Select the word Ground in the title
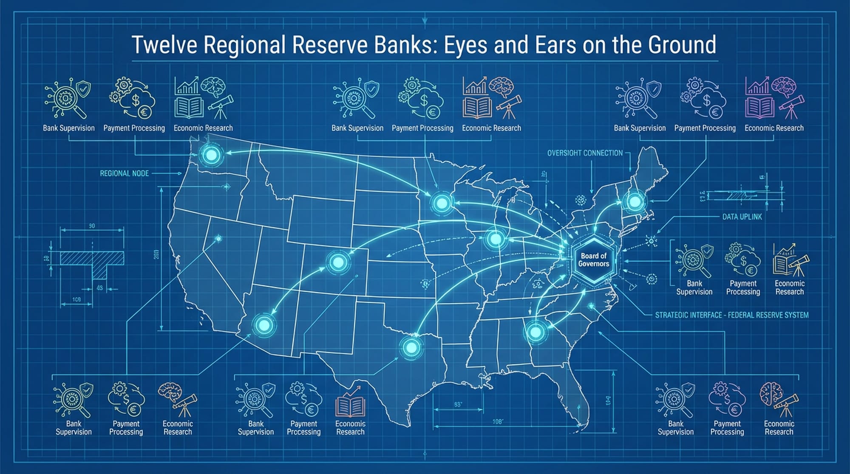click(x=682, y=45)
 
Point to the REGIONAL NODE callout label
click(x=124, y=173)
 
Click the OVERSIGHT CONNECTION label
click(x=585, y=153)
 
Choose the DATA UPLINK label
click(x=742, y=217)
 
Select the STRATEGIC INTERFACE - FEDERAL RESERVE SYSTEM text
click(x=731, y=315)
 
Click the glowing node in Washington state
click(x=211, y=155)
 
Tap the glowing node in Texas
click(x=411, y=348)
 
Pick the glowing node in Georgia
click(x=535, y=332)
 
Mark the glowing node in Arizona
click(x=263, y=325)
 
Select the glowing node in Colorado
click(x=338, y=262)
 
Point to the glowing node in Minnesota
click(x=442, y=203)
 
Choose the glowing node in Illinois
click(x=495, y=239)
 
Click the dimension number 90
click(x=92, y=226)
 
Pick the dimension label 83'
click(x=458, y=404)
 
